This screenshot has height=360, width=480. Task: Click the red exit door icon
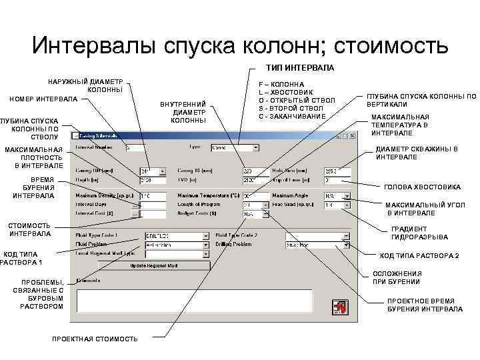[x=339, y=309]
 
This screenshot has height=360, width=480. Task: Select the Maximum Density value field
[x=152, y=196]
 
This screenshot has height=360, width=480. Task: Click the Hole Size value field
[x=337, y=171]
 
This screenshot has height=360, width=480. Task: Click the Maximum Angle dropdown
[x=337, y=196]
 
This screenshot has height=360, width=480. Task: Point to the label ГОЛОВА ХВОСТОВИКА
[x=423, y=187]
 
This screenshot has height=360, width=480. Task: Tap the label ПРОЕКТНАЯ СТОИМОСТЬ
[x=95, y=339]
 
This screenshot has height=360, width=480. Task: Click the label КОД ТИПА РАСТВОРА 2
[x=419, y=256]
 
